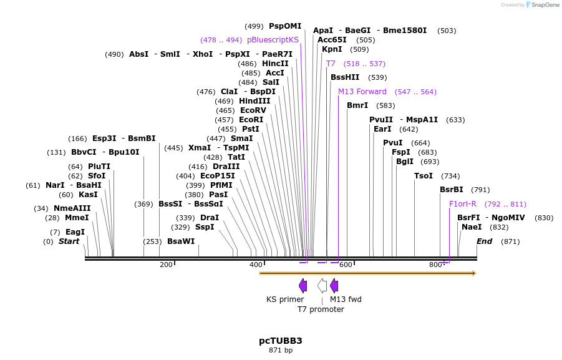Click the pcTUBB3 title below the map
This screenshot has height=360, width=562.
pyautogui.click(x=280, y=341)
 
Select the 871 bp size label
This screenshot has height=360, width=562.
pyautogui.click(x=280, y=351)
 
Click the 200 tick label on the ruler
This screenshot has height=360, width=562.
pyautogui.click(x=166, y=265)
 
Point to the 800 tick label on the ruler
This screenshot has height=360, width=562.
pyautogui.click(x=435, y=265)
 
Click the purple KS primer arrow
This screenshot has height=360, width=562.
pyautogui.click(x=303, y=286)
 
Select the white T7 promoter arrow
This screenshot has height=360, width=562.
pyautogui.click(x=322, y=286)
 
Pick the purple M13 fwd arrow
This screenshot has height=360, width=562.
pyautogui.click(x=334, y=286)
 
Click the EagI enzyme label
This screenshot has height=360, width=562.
pyautogui.click(x=75, y=232)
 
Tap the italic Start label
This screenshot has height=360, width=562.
pyautogui.click(x=69, y=241)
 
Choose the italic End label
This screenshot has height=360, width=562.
pyautogui.click(x=485, y=241)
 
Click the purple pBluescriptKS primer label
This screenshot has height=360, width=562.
pyautogui.click(x=273, y=40)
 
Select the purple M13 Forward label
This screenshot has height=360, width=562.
pyautogui.click(x=362, y=92)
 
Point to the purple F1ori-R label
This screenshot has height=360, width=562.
pyautogui.click(x=463, y=204)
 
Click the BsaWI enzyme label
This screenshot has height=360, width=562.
pyautogui.click(x=181, y=241)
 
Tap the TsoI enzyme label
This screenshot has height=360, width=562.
pyautogui.click(x=424, y=176)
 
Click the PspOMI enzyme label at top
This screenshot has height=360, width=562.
pyautogui.click(x=285, y=26)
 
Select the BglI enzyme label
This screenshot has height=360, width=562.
pyautogui.click(x=405, y=162)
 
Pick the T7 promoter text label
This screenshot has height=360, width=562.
pyautogui.click(x=321, y=309)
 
